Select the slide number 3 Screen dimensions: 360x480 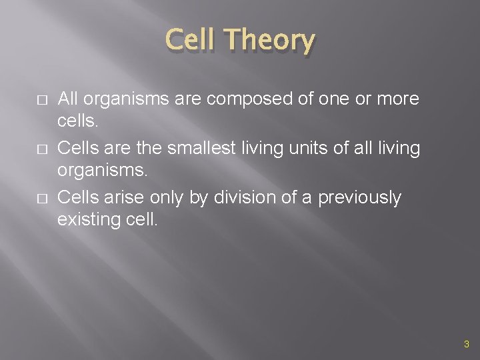(466, 344)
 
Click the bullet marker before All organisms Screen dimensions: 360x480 (41, 100)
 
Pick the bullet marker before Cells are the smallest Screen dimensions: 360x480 (41, 149)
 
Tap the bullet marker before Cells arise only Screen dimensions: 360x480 (41, 199)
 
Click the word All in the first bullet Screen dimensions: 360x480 (68, 99)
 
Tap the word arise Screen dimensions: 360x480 (127, 198)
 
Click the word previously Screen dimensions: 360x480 (360, 198)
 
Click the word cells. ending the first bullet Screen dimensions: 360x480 (78, 120)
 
